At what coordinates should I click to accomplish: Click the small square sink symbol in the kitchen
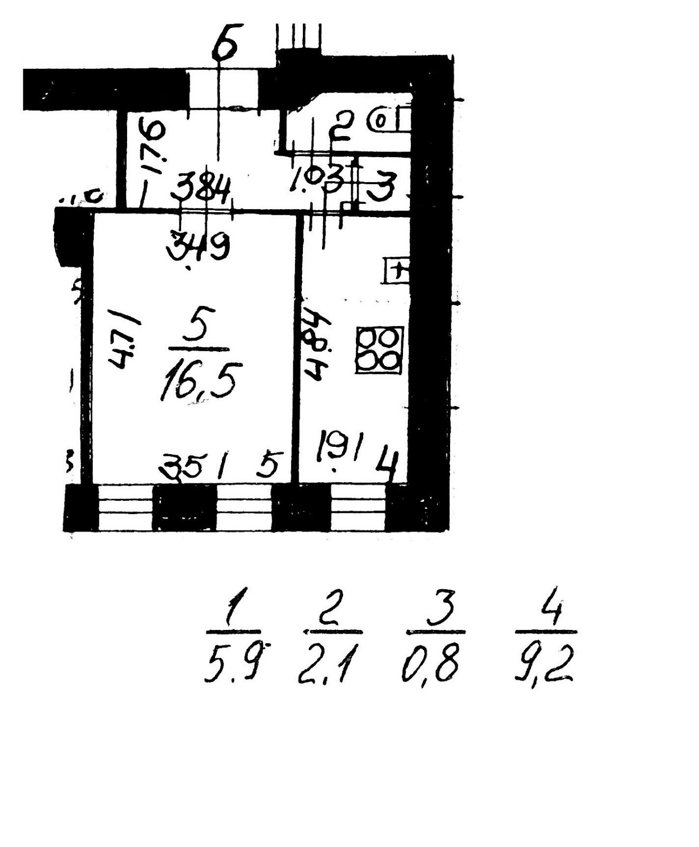(397, 271)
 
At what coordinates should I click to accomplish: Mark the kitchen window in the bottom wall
(358, 507)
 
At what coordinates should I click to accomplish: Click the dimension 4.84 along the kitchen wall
(316, 344)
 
